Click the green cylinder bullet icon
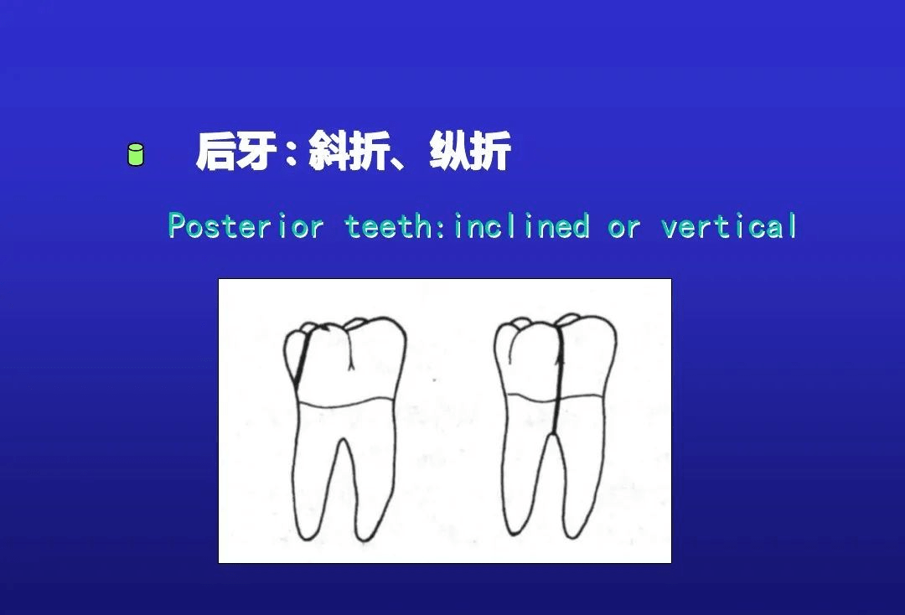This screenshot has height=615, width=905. (135, 155)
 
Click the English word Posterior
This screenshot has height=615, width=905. (246, 226)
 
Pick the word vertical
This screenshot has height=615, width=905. (729, 226)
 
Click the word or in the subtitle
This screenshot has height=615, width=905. (624, 227)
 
